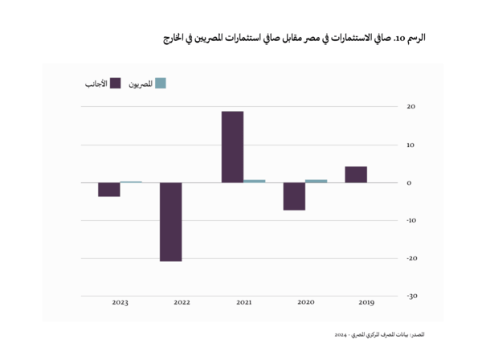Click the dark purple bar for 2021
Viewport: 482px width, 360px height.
[232, 147]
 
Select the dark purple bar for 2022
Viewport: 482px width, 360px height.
[170, 222]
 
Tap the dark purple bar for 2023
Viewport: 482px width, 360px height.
[109, 190]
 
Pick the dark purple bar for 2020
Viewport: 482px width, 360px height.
[294, 196]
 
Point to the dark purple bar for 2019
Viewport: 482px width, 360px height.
[356, 174]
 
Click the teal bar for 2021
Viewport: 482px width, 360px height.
[254, 181]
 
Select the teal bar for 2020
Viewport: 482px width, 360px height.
[316, 181]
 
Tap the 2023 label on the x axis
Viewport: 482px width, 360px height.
[120, 303]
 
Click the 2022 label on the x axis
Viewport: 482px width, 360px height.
[182, 303]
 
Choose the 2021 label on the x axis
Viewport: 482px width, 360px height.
[243, 303]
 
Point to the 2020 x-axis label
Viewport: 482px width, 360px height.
[305, 303]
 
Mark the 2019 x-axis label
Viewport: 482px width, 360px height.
[366, 303]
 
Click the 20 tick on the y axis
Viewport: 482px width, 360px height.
[411, 107]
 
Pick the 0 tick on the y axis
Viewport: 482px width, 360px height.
[409, 182]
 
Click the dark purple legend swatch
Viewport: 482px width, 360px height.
[116, 83]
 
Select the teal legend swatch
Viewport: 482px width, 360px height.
[161, 83]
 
